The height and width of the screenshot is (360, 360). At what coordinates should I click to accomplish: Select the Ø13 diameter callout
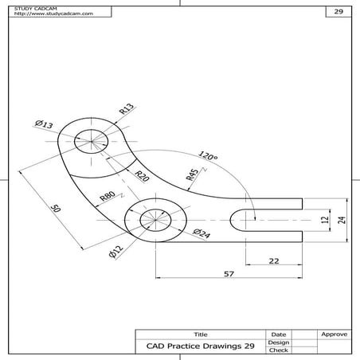pyautogui.click(x=44, y=124)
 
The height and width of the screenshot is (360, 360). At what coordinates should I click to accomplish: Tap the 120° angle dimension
pyautogui.click(x=208, y=157)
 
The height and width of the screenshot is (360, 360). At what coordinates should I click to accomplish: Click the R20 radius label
pyautogui.click(x=142, y=177)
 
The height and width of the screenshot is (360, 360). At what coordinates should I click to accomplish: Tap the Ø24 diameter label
pyautogui.click(x=201, y=233)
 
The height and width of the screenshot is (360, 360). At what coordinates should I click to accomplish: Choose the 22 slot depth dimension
pyautogui.click(x=273, y=261)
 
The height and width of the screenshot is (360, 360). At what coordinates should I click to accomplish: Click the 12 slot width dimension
pyautogui.click(x=323, y=220)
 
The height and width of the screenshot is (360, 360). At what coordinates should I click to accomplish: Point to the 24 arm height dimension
pyautogui.click(x=341, y=220)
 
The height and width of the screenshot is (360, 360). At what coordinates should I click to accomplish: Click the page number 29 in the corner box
pyautogui.click(x=338, y=13)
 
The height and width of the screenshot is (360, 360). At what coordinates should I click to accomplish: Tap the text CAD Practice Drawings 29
pyautogui.click(x=201, y=346)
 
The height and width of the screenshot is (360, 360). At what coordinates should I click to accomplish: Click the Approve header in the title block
pyautogui.click(x=332, y=335)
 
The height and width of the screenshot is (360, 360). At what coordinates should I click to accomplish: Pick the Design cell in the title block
pyautogui.click(x=279, y=342)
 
